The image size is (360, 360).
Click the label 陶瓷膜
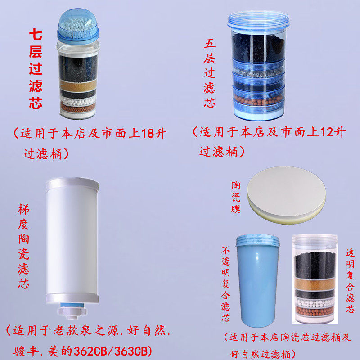click(x=236, y=197)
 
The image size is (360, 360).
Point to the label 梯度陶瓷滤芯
click(x=23, y=247)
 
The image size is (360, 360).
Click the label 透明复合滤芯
click(x=350, y=281)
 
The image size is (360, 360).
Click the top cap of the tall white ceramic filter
click(x=72, y=183)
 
